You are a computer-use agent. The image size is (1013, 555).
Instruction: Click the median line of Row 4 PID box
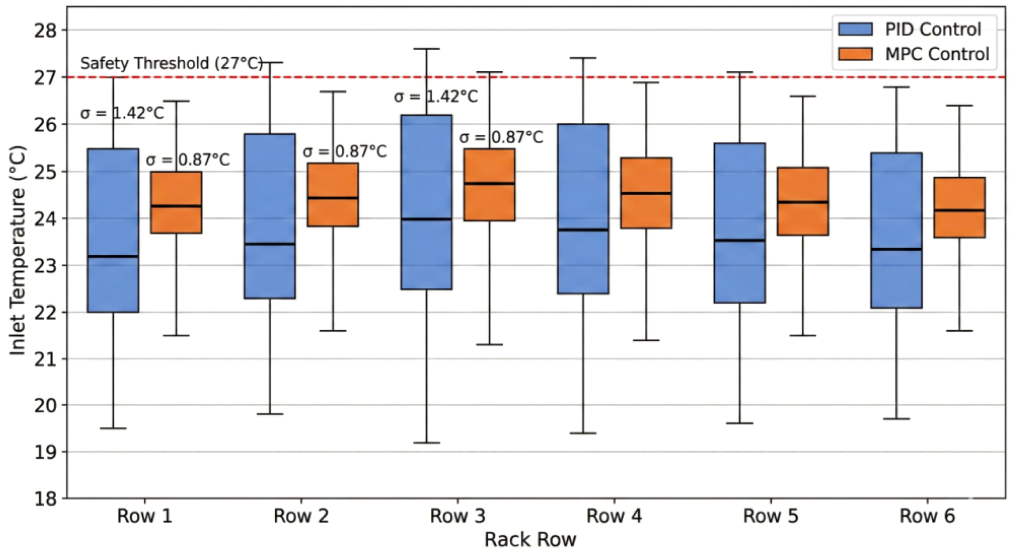(583, 230)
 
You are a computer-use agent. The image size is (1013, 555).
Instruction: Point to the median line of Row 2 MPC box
(333, 198)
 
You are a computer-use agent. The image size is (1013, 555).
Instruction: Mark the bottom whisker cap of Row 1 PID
(113, 428)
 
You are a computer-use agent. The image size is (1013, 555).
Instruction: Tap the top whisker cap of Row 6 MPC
(959, 106)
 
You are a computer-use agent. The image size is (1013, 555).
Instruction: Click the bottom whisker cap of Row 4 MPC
(646, 340)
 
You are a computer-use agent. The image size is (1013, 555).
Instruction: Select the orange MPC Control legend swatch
(855, 54)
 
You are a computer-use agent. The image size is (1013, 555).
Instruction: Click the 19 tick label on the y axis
(46, 452)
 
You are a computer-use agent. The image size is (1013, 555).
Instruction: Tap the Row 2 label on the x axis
(301, 515)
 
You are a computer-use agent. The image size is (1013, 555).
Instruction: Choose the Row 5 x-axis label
(771, 515)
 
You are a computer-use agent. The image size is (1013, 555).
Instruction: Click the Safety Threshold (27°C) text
(172, 63)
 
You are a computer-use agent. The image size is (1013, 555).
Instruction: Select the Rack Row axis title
(530, 539)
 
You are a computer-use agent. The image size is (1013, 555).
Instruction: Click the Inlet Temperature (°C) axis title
(17, 251)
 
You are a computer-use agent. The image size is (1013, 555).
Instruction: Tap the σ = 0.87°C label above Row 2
(344, 151)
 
